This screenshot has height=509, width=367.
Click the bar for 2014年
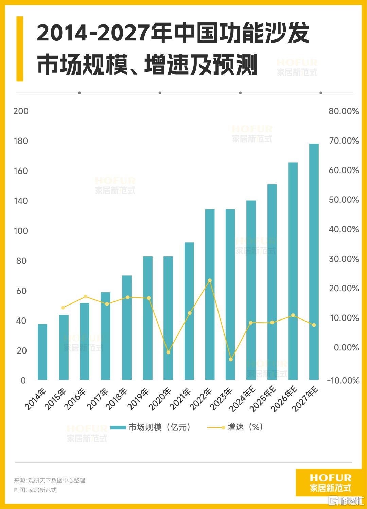(42, 352)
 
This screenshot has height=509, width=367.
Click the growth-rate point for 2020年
(168, 352)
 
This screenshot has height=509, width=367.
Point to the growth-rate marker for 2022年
(210, 280)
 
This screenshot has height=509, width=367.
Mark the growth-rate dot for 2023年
(231, 359)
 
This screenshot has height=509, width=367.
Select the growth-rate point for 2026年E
(293, 315)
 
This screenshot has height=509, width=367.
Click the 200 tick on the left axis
(21, 111)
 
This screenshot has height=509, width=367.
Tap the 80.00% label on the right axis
(344, 111)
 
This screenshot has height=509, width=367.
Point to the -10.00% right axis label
(343, 380)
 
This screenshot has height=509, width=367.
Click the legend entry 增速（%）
(245, 427)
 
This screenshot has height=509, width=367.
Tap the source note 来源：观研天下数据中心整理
(50, 480)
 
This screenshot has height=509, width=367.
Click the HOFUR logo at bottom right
(330, 483)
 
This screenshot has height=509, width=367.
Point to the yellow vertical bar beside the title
(20, 49)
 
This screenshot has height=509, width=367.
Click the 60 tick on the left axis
(21, 291)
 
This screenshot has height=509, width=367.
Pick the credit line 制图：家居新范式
(35, 490)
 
